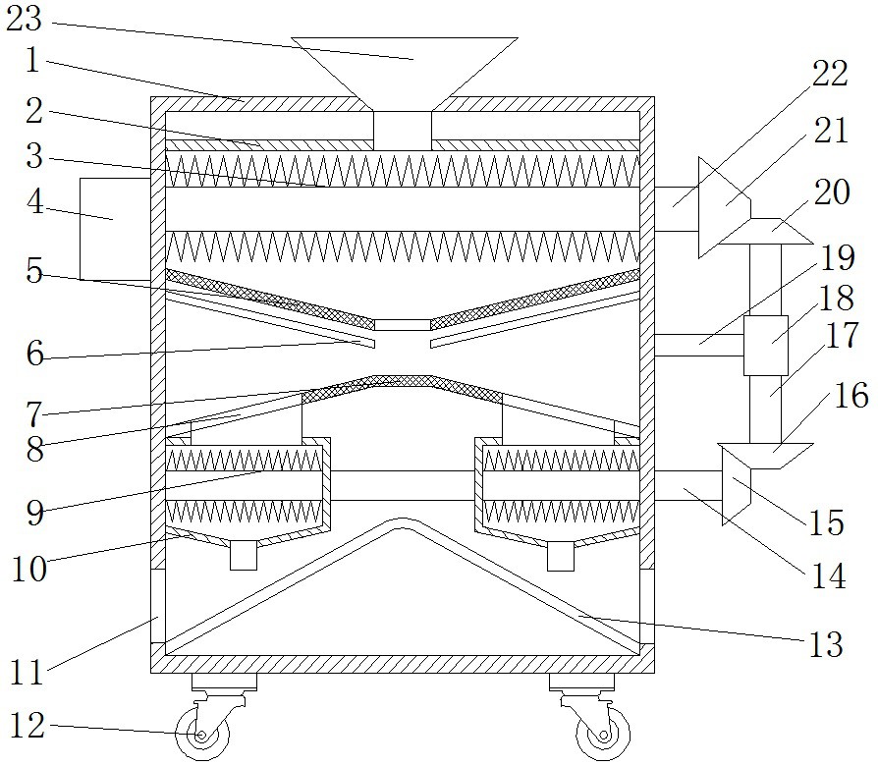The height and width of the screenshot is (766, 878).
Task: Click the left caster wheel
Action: [201, 735]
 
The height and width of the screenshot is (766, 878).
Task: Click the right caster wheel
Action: [594, 735]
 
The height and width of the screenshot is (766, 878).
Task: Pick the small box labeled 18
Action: [766, 346]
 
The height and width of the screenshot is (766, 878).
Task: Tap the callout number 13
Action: [824, 644]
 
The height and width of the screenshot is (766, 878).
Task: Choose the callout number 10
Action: [30, 569]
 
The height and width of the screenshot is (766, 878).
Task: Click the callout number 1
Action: [32, 62]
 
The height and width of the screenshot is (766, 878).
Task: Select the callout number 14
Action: [831, 576]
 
